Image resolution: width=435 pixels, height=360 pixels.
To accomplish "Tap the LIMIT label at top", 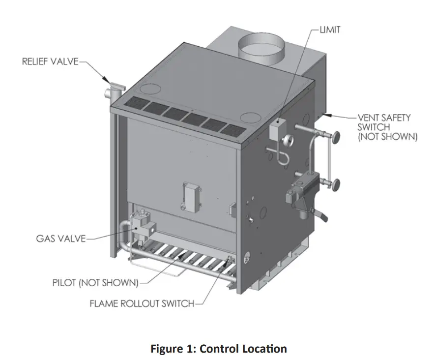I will point(329,30).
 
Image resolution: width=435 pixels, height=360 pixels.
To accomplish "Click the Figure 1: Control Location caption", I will point(217,349).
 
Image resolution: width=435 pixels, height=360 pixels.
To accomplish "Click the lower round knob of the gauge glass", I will point(336,185).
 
